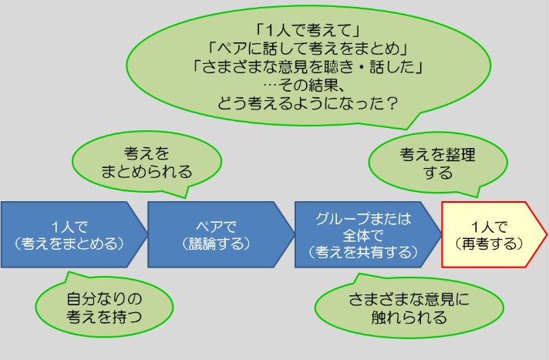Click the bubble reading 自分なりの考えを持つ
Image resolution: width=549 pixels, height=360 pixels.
click(x=104, y=308)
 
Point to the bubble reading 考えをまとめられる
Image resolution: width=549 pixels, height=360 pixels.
click(x=147, y=162)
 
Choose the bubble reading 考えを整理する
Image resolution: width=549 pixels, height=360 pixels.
click(x=438, y=163)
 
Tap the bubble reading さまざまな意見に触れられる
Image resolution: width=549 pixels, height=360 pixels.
click(x=409, y=308)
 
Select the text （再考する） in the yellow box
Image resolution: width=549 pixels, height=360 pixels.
click(x=489, y=244)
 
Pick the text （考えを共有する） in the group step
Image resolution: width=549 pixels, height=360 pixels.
click(x=363, y=252)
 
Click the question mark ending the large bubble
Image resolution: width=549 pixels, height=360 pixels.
click(x=392, y=103)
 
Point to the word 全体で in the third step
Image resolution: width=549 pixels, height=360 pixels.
click(x=363, y=235)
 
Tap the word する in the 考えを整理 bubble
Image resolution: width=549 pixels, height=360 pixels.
click(x=438, y=173)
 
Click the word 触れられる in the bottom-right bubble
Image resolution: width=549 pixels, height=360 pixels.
click(x=409, y=318)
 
